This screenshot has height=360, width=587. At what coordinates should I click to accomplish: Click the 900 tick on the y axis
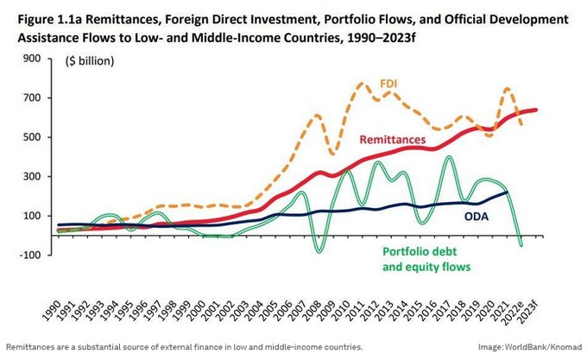pos(32,59)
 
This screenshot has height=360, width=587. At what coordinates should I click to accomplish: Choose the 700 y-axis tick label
pos(32,98)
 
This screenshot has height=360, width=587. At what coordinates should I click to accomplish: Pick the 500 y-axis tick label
pos(32,137)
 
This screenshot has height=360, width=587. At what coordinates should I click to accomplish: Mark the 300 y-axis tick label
pos(32,176)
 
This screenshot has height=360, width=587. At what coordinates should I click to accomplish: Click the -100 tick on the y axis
pos(30,255)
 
